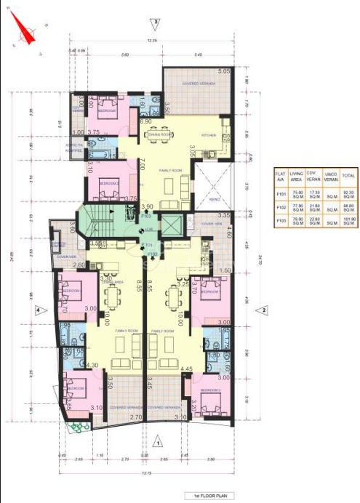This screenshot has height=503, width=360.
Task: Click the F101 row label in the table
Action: (x=280, y=193)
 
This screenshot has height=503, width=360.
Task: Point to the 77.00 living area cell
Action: (x=297, y=207)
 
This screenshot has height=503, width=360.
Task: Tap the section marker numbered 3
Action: (x=154, y=22)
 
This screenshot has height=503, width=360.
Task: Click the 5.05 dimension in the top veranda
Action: (x=223, y=71)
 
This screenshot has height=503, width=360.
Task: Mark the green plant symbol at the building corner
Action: (x=74, y=430)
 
